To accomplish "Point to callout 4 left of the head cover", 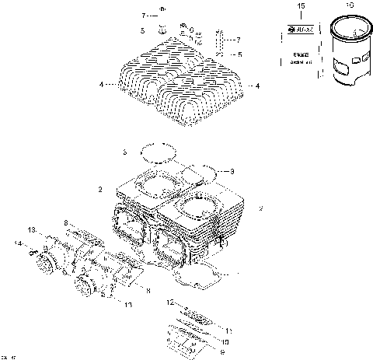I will coord(101,84).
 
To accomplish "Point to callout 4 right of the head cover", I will coord(257,86).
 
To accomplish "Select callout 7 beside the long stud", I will coord(239,39).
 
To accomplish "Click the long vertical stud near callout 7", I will coord(221,43).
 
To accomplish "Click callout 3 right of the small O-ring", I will coord(232,171).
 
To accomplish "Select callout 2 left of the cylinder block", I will coord(100,189).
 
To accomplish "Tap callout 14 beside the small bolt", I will coord(16,243).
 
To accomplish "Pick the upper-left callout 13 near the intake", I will coord(32,230).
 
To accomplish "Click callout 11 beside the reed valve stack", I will coord(228,330).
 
